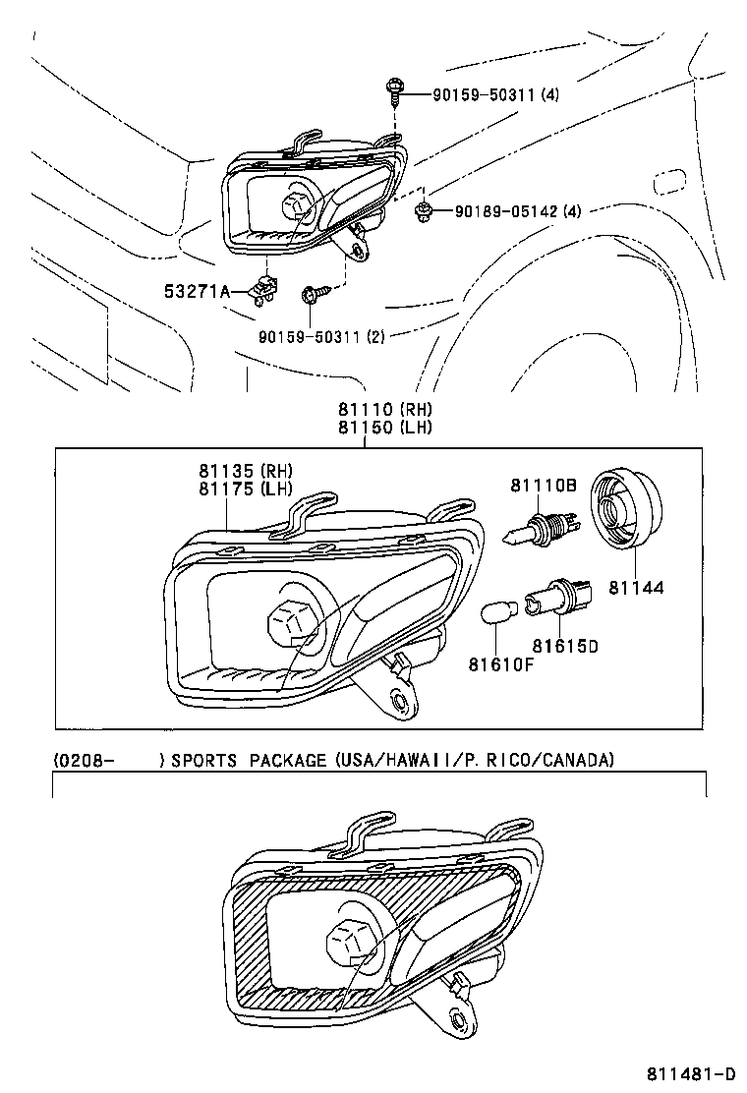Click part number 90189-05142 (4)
pos(517,210)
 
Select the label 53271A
pos(197,291)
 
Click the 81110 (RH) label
pos(385,409)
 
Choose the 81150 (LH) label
pos(385,427)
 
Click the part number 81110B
pos(543,485)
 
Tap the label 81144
pos(636,588)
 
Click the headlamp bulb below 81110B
pos(537,530)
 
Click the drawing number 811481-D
pos(691,1073)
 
